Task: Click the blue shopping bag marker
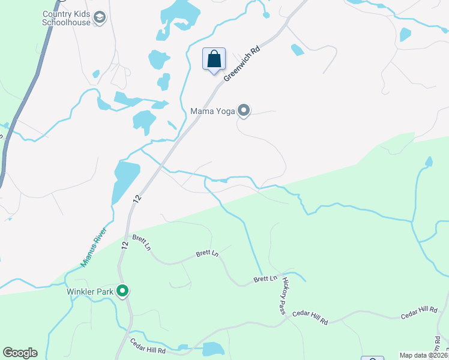click(214, 59)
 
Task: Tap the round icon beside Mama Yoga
click(244, 110)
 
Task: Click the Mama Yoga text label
click(212, 110)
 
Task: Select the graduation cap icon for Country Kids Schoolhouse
click(100, 19)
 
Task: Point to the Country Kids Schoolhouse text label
click(66, 18)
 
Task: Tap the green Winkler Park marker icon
click(122, 292)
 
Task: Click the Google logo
click(20, 353)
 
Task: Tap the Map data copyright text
click(423, 355)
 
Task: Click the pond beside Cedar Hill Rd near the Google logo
click(213, 349)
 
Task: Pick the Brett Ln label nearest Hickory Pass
click(265, 279)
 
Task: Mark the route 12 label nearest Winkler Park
click(124, 245)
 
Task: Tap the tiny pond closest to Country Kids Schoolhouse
click(96, 74)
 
